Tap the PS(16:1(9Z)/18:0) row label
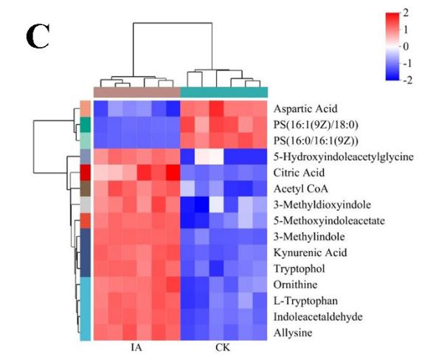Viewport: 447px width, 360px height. coord(318,124)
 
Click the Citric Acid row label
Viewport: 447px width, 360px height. coord(298,173)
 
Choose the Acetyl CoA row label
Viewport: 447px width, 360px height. coord(299,189)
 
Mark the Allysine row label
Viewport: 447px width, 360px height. coord(293,333)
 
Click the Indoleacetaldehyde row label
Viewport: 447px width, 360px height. coord(313,317)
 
